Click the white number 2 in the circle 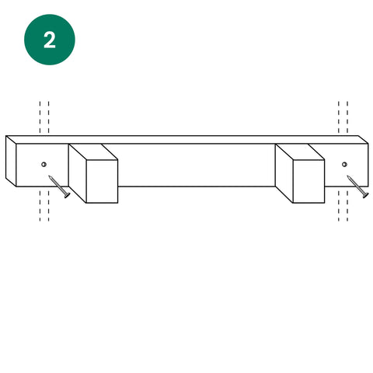pyautogui.click(x=50, y=40)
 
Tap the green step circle pyautogui.click(x=50, y=40)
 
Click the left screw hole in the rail pyautogui.click(x=44, y=164)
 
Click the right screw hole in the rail pyautogui.click(x=344, y=164)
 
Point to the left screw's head pyautogui.click(x=67, y=195)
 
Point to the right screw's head pyautogui.click(x=365, y=195)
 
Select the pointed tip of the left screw pyautogui.click(x=49, y=176)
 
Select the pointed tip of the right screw pyautogui.click(x=347, y=176)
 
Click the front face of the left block pyautogui.click(x=102, y=181)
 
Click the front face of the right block pyautogui.click(x=309, y=181)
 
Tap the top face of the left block pyautogui.click(x=93, y=152)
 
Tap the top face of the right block pyautogui.click(x=300, y=152)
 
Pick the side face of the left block pyautogui.click(x=78, y=173)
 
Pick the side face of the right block pyautogui.click(x=284, y=173)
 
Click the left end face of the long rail pyautogui.click(x=11, y=161)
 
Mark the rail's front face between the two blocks pyautogui.click(x=197, y=165)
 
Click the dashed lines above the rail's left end pyautogui.click(x=44, y=117)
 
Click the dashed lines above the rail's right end pyautogui.click(x=343, y=117)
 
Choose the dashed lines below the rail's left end pyautogui.click(x=44, y=206)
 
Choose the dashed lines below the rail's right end pyautogui.click(x=343, y=206)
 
